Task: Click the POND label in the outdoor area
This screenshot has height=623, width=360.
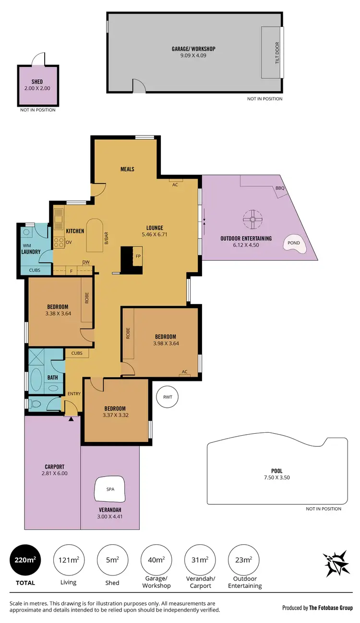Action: [294, 243]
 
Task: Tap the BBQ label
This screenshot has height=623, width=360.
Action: [280, 188]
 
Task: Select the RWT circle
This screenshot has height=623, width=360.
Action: [168, 397]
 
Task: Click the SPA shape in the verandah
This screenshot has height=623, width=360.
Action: [110, 489]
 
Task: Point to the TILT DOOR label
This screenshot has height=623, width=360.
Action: [277, 52]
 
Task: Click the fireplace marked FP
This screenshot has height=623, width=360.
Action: [138, 256]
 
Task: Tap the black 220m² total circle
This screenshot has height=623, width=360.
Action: [25, 560]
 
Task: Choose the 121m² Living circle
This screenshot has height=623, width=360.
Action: [69, 560]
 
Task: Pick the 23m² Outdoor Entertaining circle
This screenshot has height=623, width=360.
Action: [244, 560]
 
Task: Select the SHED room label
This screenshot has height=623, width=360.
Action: [37, 82]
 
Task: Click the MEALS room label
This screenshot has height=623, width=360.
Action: [127, 169]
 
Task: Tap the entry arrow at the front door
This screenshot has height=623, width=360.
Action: [71, 419]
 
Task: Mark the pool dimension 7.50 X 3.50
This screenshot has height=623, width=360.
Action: [276, 477]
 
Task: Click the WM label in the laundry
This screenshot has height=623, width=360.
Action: [26, 245]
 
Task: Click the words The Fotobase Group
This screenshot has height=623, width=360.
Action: [331, 608]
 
